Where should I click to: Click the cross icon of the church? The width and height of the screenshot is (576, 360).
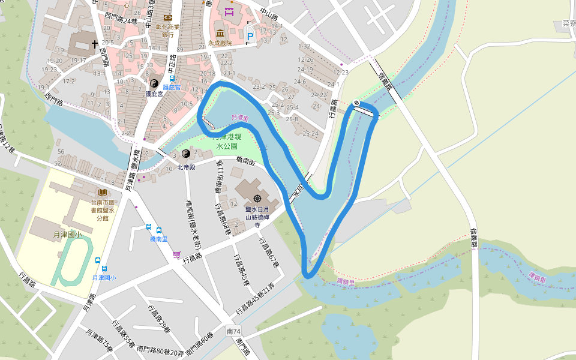click(x=94, y=44)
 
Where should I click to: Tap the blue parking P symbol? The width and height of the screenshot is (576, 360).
click(x=250, y=37)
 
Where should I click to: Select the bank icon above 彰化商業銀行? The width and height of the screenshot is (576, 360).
click(x=167, y=18)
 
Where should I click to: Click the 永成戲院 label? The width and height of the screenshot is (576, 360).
click(x=220, y=43)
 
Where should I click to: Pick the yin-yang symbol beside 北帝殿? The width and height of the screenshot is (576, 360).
click(x=185, y=154)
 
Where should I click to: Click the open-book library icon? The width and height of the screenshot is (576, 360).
click(x=103, y=192)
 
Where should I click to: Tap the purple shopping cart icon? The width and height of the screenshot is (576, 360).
click(x=176, y=255)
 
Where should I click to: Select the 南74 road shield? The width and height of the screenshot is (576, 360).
click(x=234, y=331)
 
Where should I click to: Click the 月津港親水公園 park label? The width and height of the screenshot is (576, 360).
click(x=227, y=142)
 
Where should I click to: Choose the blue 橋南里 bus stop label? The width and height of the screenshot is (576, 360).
click(x=160, y=239)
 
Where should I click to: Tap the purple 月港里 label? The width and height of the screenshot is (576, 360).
click(x=239, y=118)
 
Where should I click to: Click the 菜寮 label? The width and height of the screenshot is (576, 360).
click(x=569, y=24)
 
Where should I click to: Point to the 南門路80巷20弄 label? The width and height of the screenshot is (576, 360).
click(x=160, y=349)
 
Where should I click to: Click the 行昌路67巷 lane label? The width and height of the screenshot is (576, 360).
click(x=267, y=252)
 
